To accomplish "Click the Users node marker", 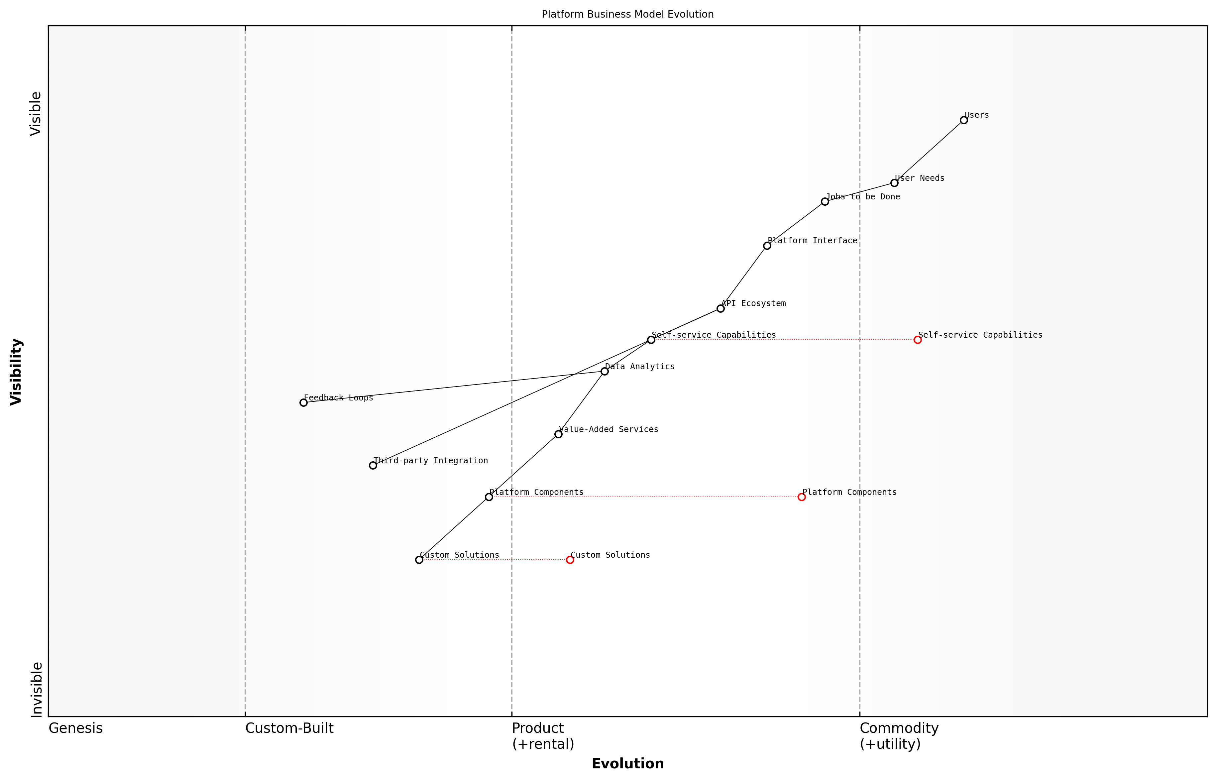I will (x=963, y=120).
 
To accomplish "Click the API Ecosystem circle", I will (x=720, y=308).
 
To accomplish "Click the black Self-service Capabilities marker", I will (x=651, y=340).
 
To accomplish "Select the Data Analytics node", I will (x=605, y=371).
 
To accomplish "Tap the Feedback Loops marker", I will (x=303, y=403).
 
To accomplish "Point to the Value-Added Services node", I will (x=558, y=434).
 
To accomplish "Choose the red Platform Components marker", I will (x=802, y=497).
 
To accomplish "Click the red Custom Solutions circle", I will (x=570, y=560).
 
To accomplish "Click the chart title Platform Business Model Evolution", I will (x=627, y=14).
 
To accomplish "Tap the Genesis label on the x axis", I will (x=75, y=728).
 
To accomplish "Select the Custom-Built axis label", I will (x=289, y=728).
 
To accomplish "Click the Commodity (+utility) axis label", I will (x=899, y=736).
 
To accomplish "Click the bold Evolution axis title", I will (x=627, y=764).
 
